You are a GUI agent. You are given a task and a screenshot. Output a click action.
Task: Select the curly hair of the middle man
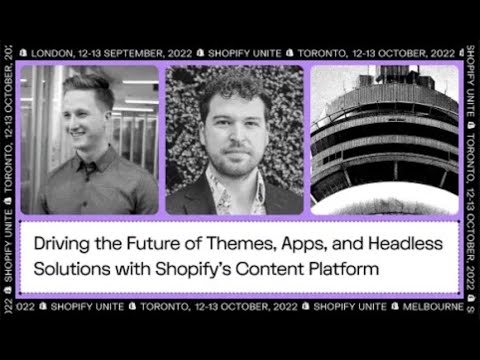(x=236, y=85)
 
